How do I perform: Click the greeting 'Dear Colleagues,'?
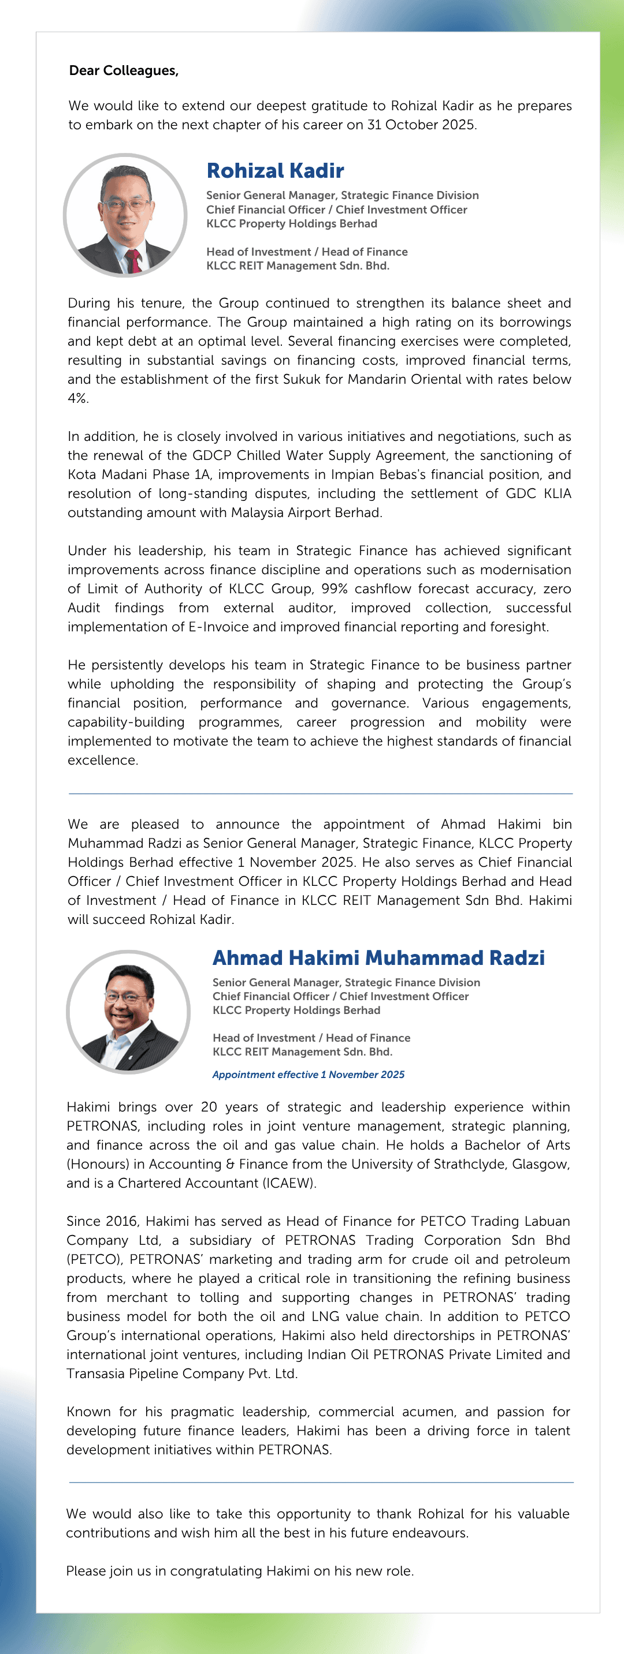[x=124, y=70]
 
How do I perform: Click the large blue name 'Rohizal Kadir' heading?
[x=275, y=171]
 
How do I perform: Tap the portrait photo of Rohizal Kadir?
[x=125, y=215]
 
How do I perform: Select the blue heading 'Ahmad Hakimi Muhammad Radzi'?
[x=378, y=957]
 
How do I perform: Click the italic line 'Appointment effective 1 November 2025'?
[x=309, y=1074]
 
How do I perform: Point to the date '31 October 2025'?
[x=421, y=125]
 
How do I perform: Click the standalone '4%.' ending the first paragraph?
[x=78, y=398]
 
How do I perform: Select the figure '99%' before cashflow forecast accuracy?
[x=334, y=589]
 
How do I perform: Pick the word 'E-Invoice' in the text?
[x=218, y=627]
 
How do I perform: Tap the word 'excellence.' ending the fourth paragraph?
[x=103, y=760]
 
